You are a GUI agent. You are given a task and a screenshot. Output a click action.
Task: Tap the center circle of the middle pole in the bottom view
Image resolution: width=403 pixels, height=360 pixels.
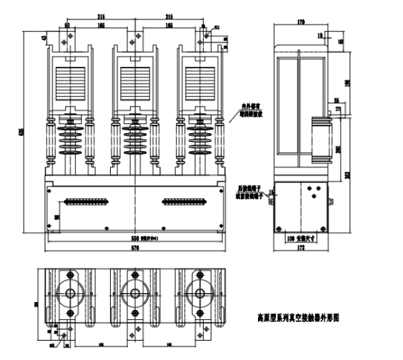pyautogui.click(x=135, y=292)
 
